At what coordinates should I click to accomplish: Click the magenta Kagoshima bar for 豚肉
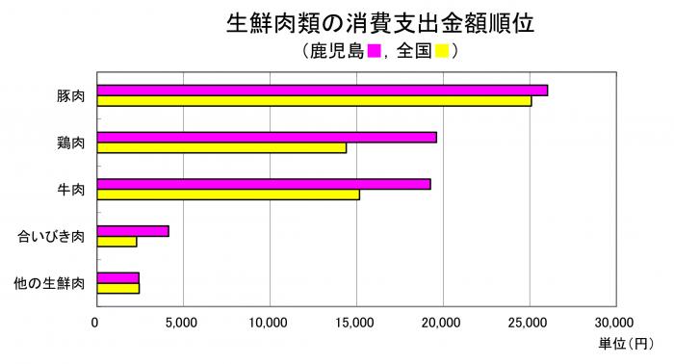[323, 90]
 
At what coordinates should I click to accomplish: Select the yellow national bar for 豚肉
[314, 100]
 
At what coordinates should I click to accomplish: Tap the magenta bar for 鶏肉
[267, 137]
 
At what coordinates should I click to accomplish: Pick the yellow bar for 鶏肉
[221, 147]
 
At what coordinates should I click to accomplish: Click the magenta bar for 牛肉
[264, 184]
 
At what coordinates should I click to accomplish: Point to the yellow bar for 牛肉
[228, 195]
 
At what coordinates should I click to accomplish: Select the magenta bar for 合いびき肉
[133, 231]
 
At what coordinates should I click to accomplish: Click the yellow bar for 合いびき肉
[117, 242]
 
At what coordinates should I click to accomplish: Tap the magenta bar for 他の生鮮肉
[118, 277]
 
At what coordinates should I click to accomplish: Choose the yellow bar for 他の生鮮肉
[118, 288]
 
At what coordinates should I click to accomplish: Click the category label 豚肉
[71, 95]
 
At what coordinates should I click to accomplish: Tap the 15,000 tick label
[356, 322]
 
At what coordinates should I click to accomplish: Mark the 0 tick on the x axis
[95, 322]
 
